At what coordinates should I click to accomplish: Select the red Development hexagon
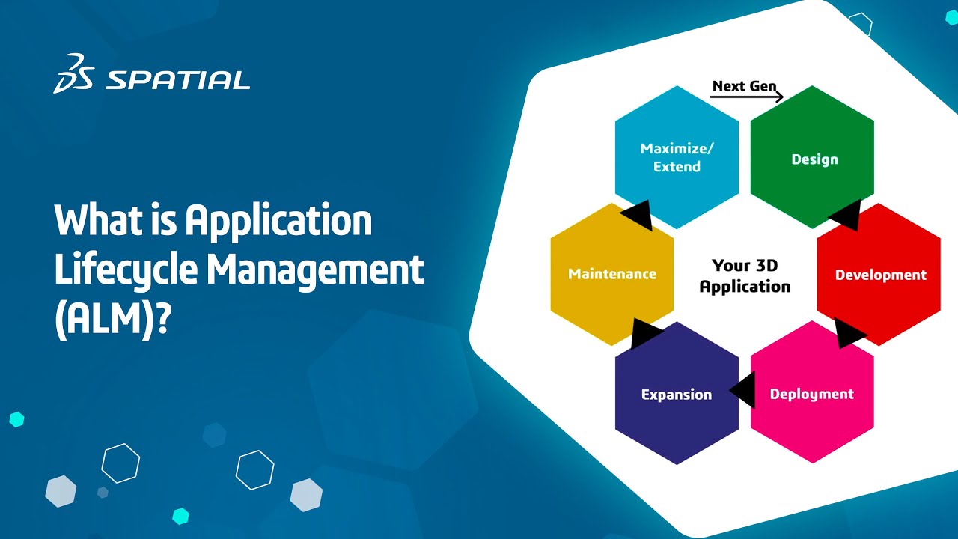point(879,274)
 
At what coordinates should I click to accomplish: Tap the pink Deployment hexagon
point(812,393)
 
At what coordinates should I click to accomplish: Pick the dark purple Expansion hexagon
point(676,394)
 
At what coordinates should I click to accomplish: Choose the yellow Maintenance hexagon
point(611,274)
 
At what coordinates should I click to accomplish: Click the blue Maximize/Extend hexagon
point(677,157)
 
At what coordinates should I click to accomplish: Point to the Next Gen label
point(744,86)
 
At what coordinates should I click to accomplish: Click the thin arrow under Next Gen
point(747,97)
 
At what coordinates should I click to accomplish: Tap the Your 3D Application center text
point(745,275)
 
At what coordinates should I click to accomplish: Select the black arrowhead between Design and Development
point(845,216)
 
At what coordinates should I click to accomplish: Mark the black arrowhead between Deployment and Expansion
point(742,392)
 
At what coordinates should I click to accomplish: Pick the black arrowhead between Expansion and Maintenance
point(644,333)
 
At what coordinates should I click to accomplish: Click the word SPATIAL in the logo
point(177,80)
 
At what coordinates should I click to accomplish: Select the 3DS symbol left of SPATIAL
point(73,73)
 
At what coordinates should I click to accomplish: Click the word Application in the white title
point(278,221)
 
